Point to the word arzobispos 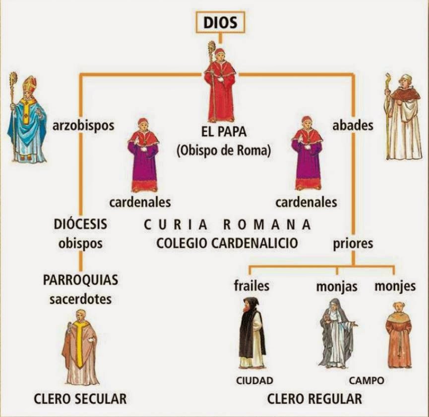click(x=83, y=125)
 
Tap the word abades click(x=353, y=125)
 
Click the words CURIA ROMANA click(x=227, y=224)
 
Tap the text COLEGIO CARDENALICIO click(x=227, y=243)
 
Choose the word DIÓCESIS click(x=80, y=224)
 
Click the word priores click(x=353, y=244)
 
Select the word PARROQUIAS click(x=80, y=280)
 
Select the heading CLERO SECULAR click(x=80, y=398)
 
